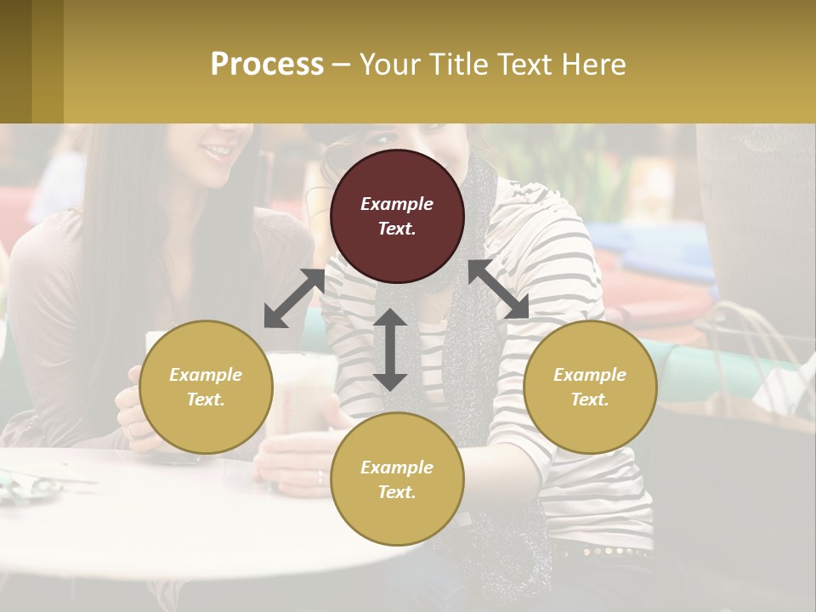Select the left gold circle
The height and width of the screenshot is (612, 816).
(x=206, y=387)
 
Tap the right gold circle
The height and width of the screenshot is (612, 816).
(x=590, y=387)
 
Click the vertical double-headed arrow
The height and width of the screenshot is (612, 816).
(x=390, y=349)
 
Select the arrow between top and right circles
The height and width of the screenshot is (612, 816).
(x=498, y=289)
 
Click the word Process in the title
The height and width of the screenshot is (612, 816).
(x=267, y=64)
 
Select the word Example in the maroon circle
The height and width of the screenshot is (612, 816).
(x=397, y=204)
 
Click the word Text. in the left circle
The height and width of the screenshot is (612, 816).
(x=206, y=399)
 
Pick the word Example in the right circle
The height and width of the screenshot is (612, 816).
(x=590, y=375)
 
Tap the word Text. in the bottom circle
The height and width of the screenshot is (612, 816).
(x=397, y=492)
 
